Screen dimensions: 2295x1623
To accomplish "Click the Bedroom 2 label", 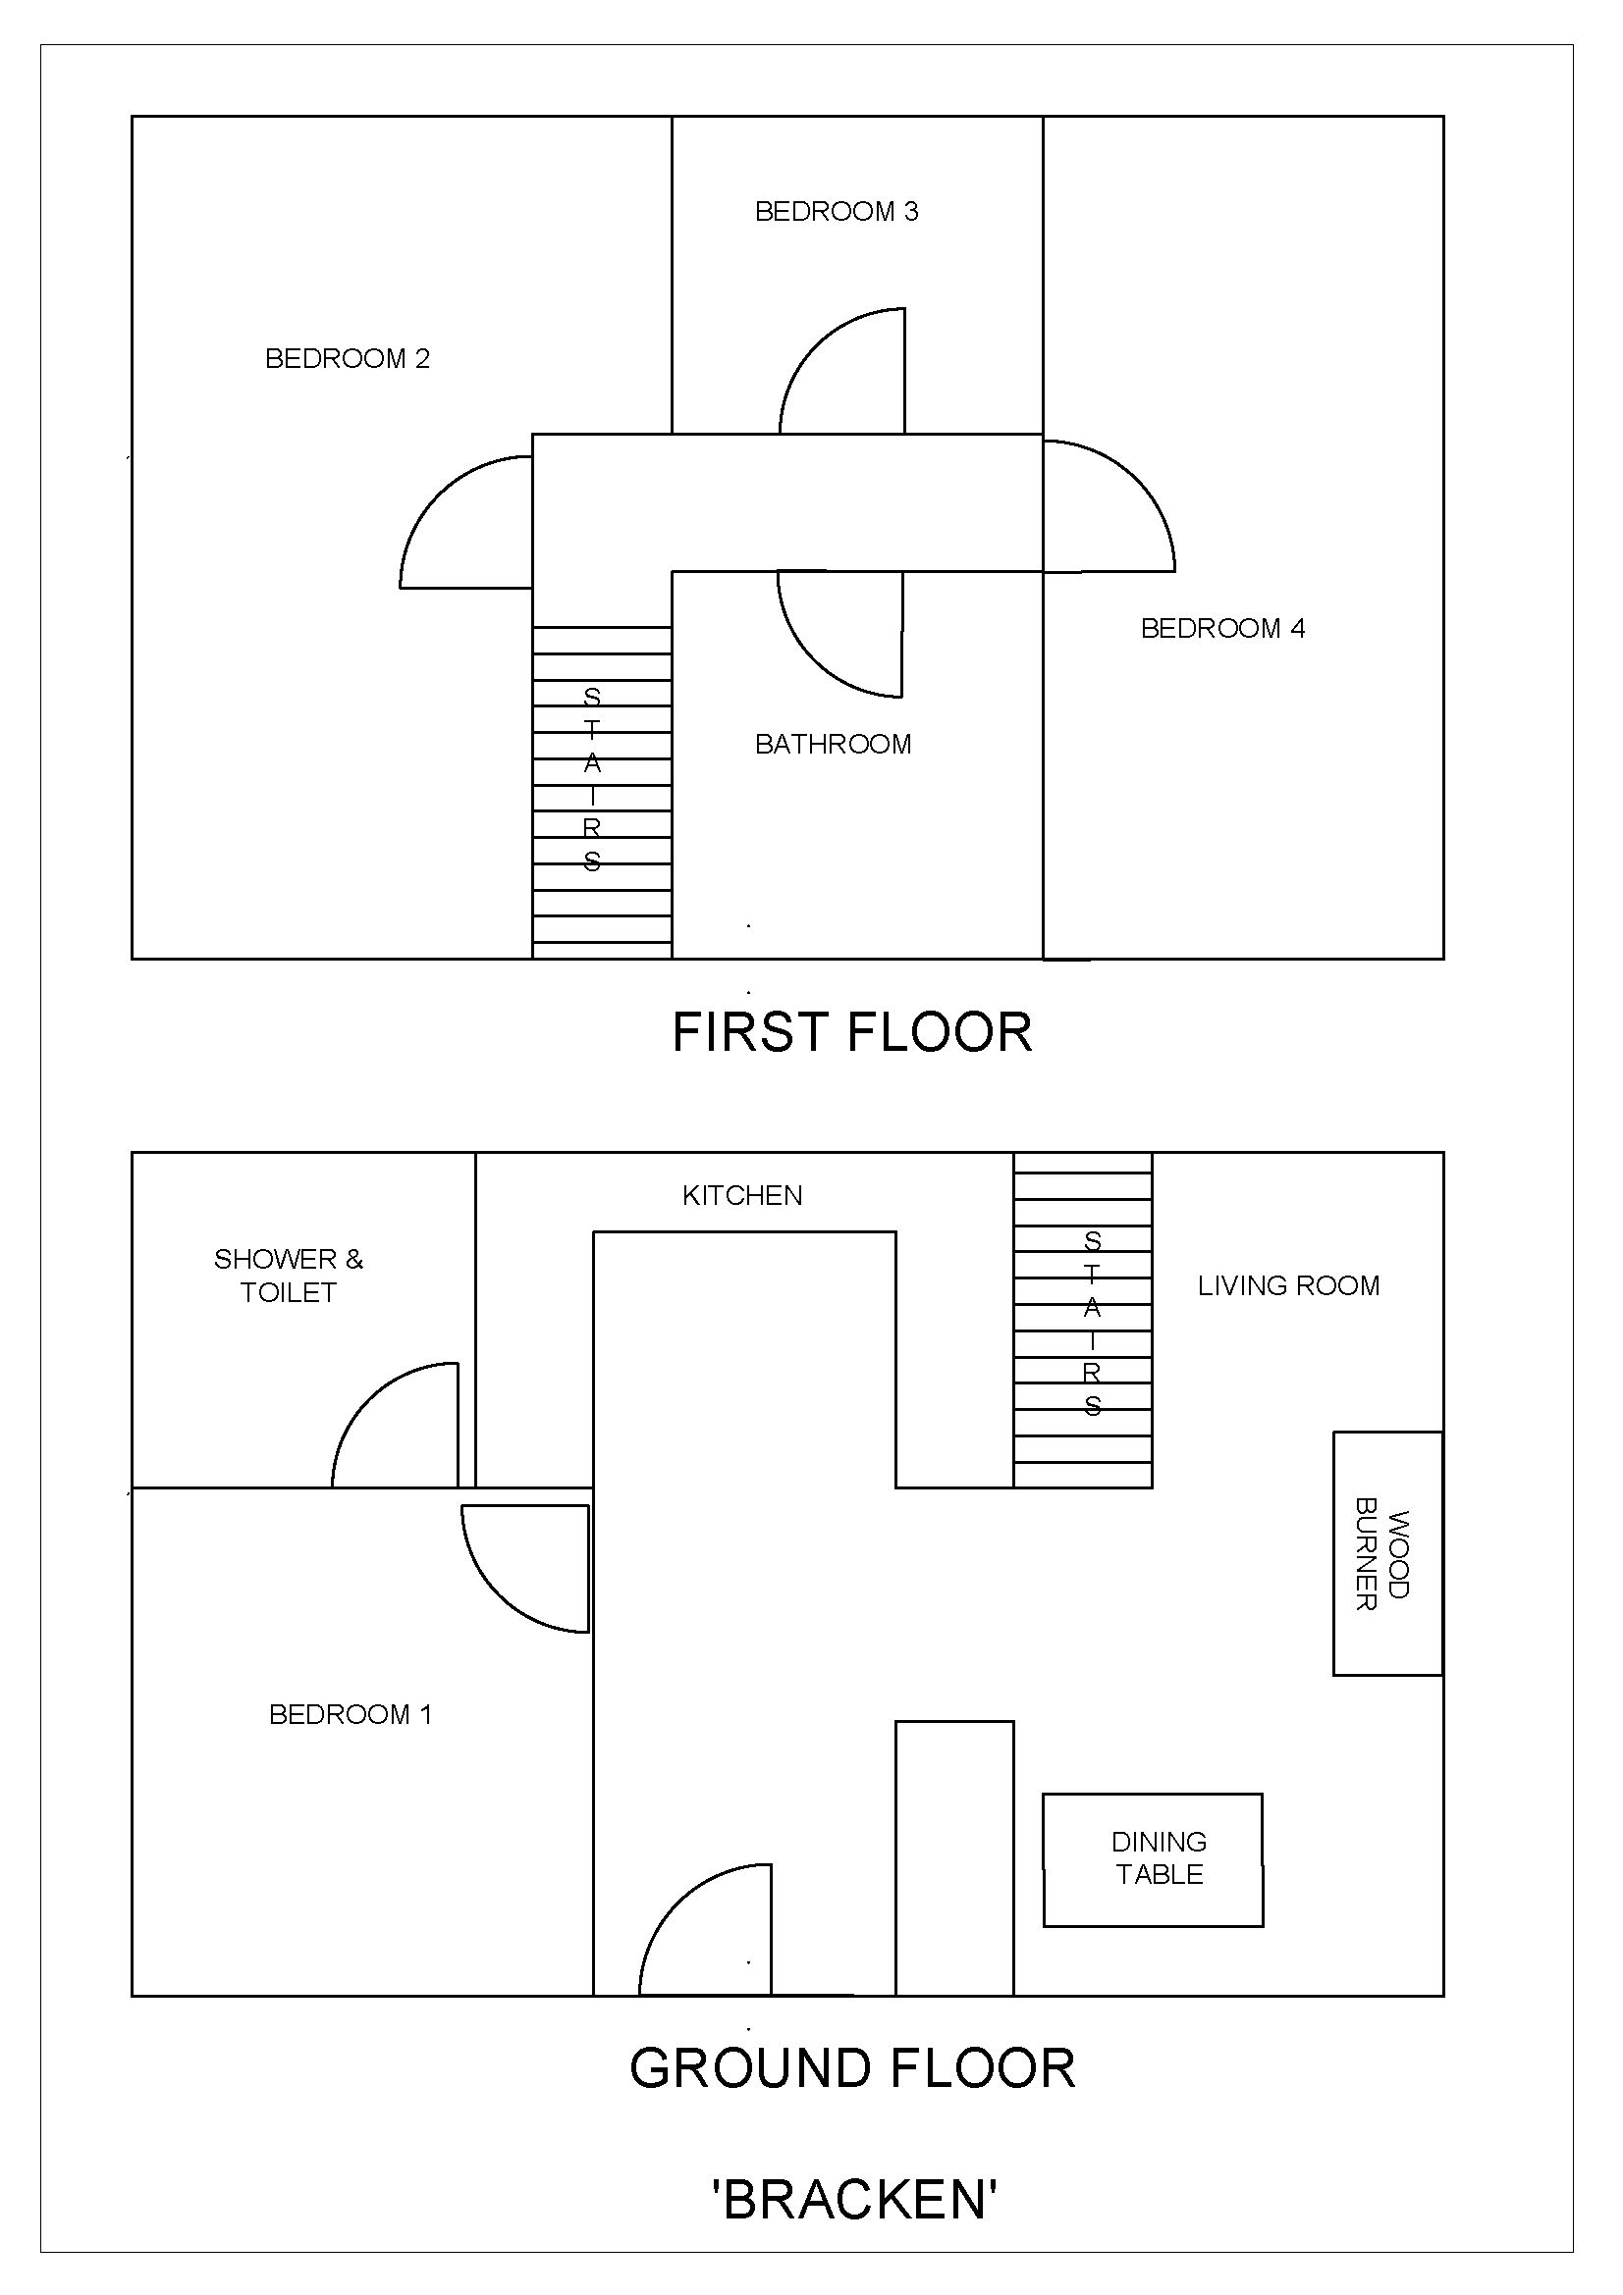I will click(x=347, y=359).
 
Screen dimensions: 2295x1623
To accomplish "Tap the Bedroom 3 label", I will click(x=836, y=212).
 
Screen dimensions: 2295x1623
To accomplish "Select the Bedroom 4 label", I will click(x=1222, y=629).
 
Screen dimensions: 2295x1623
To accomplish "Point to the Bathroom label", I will click(x=833, y=745).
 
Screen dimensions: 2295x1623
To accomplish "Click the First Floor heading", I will click(x=852, y=1032).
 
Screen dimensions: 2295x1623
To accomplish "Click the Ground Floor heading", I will click(x=852, y=2068).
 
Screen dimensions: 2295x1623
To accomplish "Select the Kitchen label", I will click(x=742, y=1195).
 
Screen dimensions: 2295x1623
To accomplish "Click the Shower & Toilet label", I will click(x=288, y=1276).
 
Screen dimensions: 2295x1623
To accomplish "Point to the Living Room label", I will click(x=1288, y=1285).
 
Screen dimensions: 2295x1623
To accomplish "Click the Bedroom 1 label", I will click(x=350, y=1715).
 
